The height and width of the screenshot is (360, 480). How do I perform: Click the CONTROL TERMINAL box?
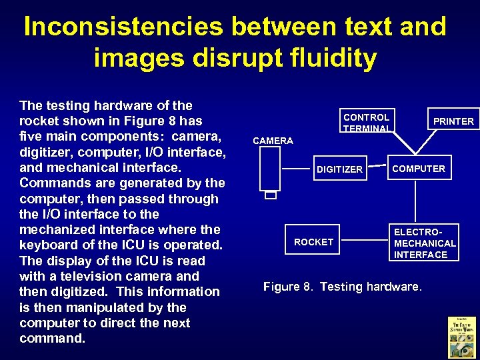(366, 121)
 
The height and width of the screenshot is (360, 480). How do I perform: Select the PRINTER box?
(453, 121)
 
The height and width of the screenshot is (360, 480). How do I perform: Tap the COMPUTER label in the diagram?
(419, 169)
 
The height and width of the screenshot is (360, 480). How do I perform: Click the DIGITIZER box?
(339, 169)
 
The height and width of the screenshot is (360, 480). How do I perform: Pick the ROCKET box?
(313, 242)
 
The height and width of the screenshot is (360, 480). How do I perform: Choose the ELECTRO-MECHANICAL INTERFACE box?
(425, 243)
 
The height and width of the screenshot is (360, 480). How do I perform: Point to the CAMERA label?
(273, 141)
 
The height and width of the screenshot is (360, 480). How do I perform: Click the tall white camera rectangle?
(270, 168)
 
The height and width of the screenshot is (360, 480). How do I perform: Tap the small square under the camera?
(270, 195)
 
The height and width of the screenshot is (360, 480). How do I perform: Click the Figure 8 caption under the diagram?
(342, 287)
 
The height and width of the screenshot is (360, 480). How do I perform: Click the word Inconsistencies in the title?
(122, 27)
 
